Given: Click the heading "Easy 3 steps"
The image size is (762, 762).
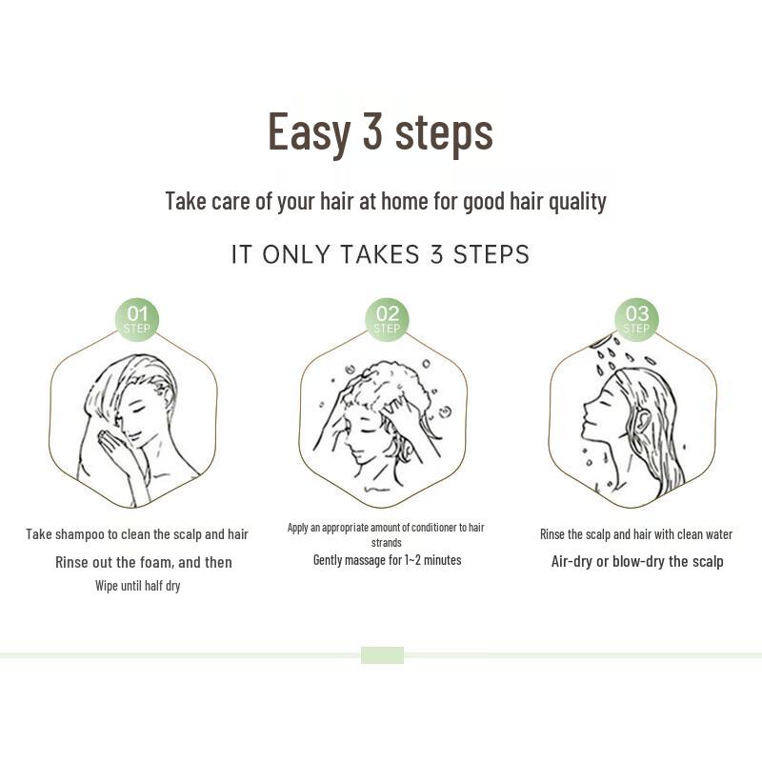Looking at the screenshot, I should coord(380,131).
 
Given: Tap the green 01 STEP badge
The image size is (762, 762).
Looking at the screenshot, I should coord(137,319).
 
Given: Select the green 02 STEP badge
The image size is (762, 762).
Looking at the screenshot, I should coord(387,319).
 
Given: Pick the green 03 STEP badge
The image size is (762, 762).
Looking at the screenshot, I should coord(636,319).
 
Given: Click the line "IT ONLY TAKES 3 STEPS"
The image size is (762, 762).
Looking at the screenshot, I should coord(380,255).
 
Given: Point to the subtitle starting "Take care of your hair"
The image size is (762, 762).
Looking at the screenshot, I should coord(385,202).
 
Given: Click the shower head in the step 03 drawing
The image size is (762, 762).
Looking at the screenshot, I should coord(600,340).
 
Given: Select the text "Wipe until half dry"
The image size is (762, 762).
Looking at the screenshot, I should coord(137,586).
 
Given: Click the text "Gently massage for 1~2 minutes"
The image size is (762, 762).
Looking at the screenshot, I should coord(387,560).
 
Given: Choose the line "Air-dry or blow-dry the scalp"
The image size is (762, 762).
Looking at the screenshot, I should coord(636,561).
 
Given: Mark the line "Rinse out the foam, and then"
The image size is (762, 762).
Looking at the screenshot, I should coord(143,562).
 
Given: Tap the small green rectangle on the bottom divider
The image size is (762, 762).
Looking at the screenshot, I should coord(382,655).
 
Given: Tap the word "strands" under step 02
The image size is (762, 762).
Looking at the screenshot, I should coord(387,543).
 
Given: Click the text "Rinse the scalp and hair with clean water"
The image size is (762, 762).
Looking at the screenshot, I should coord(636,534).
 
